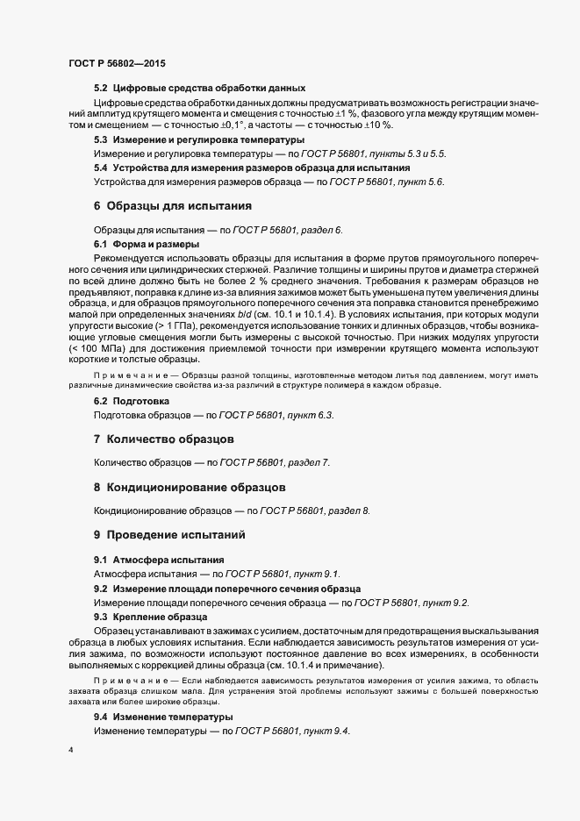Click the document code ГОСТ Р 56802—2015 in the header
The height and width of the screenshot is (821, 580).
point(116,64)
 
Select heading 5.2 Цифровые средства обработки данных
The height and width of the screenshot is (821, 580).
point(199,88)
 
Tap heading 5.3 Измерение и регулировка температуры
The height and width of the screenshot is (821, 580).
point(199,139)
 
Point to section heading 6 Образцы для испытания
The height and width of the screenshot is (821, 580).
point(173,206)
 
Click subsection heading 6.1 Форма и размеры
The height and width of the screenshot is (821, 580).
point(146,243)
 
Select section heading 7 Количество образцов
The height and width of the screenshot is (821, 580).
point(163,437)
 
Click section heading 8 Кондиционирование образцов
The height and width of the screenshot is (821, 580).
point(189,486)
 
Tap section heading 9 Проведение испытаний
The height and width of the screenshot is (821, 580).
point(169,534)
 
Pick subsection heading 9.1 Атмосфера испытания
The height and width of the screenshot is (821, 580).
point(159,560)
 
